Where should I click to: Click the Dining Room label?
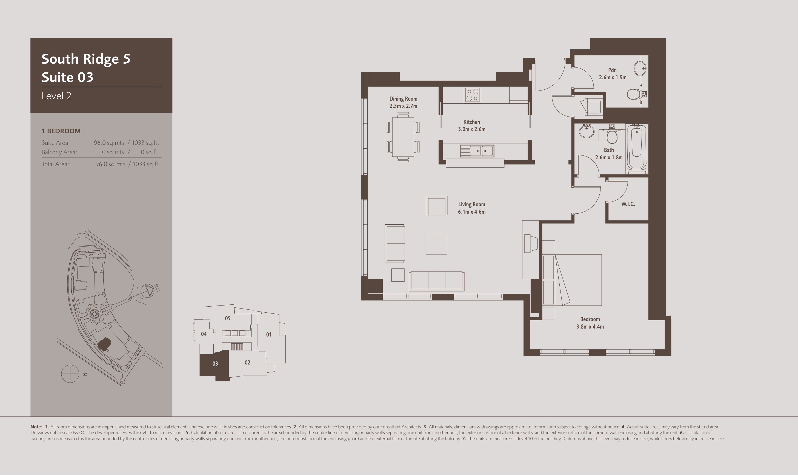tap(403, 98)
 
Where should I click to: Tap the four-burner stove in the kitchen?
tap(472, 95)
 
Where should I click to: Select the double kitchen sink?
tap(477, 151)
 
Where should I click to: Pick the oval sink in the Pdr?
tap(640, 68)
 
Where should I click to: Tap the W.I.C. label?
tap(628, 204)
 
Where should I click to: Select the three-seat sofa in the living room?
tap(436, 281)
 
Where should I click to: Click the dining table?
tap(403, 137)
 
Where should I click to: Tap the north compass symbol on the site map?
tap(70, 374)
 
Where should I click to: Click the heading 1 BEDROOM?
tap(61, 131)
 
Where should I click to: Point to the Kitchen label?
tap(471, 122)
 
